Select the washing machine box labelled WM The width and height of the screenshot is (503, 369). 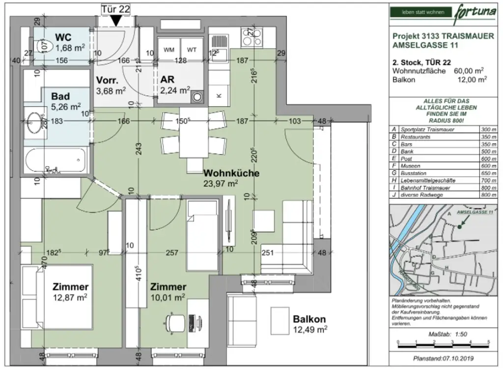[169, 50]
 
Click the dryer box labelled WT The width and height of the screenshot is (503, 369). [192, 50]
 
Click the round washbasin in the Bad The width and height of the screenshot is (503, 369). [34, 121]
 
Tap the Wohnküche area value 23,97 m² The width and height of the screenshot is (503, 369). [221, 184]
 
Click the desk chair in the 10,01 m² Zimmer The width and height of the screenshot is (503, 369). [173, 323]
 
